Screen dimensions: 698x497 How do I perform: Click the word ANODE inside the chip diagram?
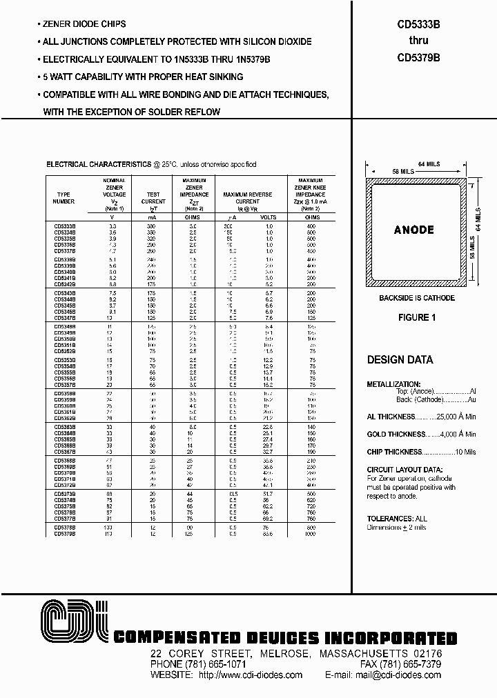(x=414, y=230)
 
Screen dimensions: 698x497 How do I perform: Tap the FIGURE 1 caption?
(x=417, y=318)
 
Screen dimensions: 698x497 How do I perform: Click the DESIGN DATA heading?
(x=400, y=360)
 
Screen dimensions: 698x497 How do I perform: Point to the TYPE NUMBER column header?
(x=64, y=198)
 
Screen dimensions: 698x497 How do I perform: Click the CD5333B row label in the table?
(x=65, y=226)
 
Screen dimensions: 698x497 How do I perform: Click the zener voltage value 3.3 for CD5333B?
(x=113, y=226)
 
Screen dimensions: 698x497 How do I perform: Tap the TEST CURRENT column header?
(x=153, y=198)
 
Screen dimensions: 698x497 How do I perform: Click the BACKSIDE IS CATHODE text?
(x=417, y=298)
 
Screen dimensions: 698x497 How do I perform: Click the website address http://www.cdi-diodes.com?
(x=250, y=675)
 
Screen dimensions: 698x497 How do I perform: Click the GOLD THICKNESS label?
(x=396, y=435)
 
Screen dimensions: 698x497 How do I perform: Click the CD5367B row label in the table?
(x=65, y=452)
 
